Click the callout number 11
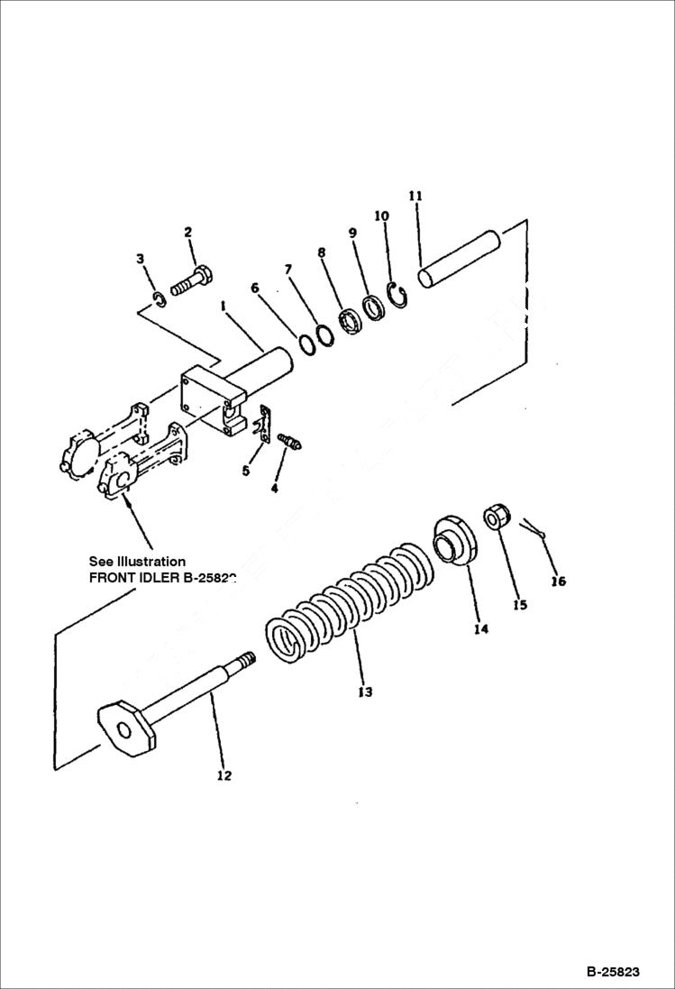pos(415,196)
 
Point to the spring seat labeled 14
pos(455,542)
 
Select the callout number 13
pos(364,692)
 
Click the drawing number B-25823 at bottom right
pos(613,972)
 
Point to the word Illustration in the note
pos(151,562)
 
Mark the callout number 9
pos(352,233)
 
